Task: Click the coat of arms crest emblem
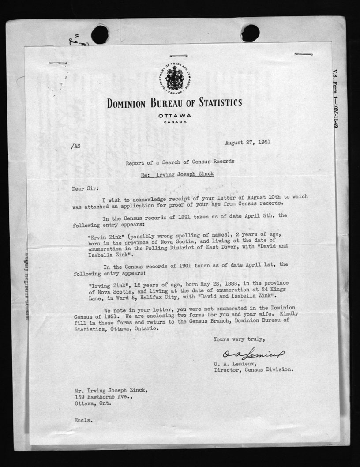coord(175,78)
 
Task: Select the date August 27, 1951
coord(247,142)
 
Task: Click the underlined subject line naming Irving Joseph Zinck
coord(177,174)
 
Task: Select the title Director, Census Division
coord(253,370)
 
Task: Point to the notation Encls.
coord(84,420)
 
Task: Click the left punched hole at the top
coord(100,34)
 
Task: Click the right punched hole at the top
coord(250,33)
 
